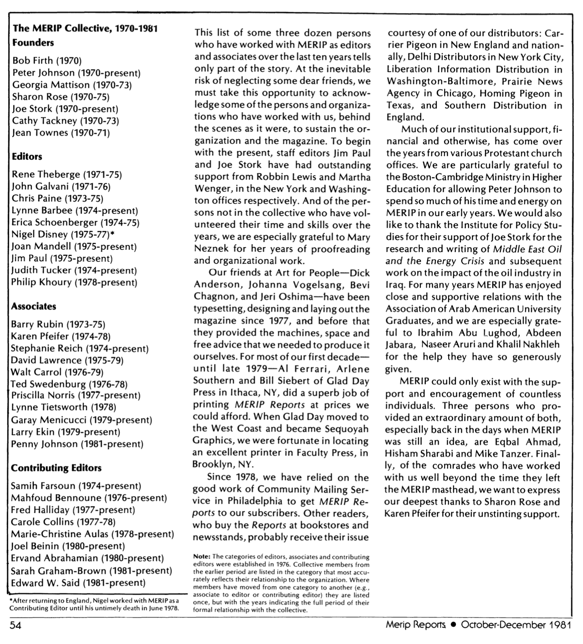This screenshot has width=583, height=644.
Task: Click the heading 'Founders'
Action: tap(33, 43)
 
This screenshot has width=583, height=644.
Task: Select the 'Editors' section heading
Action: tap(27, 157)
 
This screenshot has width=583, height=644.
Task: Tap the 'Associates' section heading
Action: tap(33, 306)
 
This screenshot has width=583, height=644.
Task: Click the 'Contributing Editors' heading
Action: tap(56, 468)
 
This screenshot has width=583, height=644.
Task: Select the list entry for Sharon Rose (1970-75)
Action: tap(61, 96)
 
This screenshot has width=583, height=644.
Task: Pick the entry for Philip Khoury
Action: tap(74, 282)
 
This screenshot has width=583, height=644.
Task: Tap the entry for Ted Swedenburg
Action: tap(69, 384)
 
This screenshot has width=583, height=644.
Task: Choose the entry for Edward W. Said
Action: tap(78, 583)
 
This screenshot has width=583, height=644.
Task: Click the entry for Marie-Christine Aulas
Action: tap(92, 534)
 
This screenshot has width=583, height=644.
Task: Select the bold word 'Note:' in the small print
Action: tap(201, 557)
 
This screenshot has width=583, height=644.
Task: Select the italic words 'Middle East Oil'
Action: tap(527, 249)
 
